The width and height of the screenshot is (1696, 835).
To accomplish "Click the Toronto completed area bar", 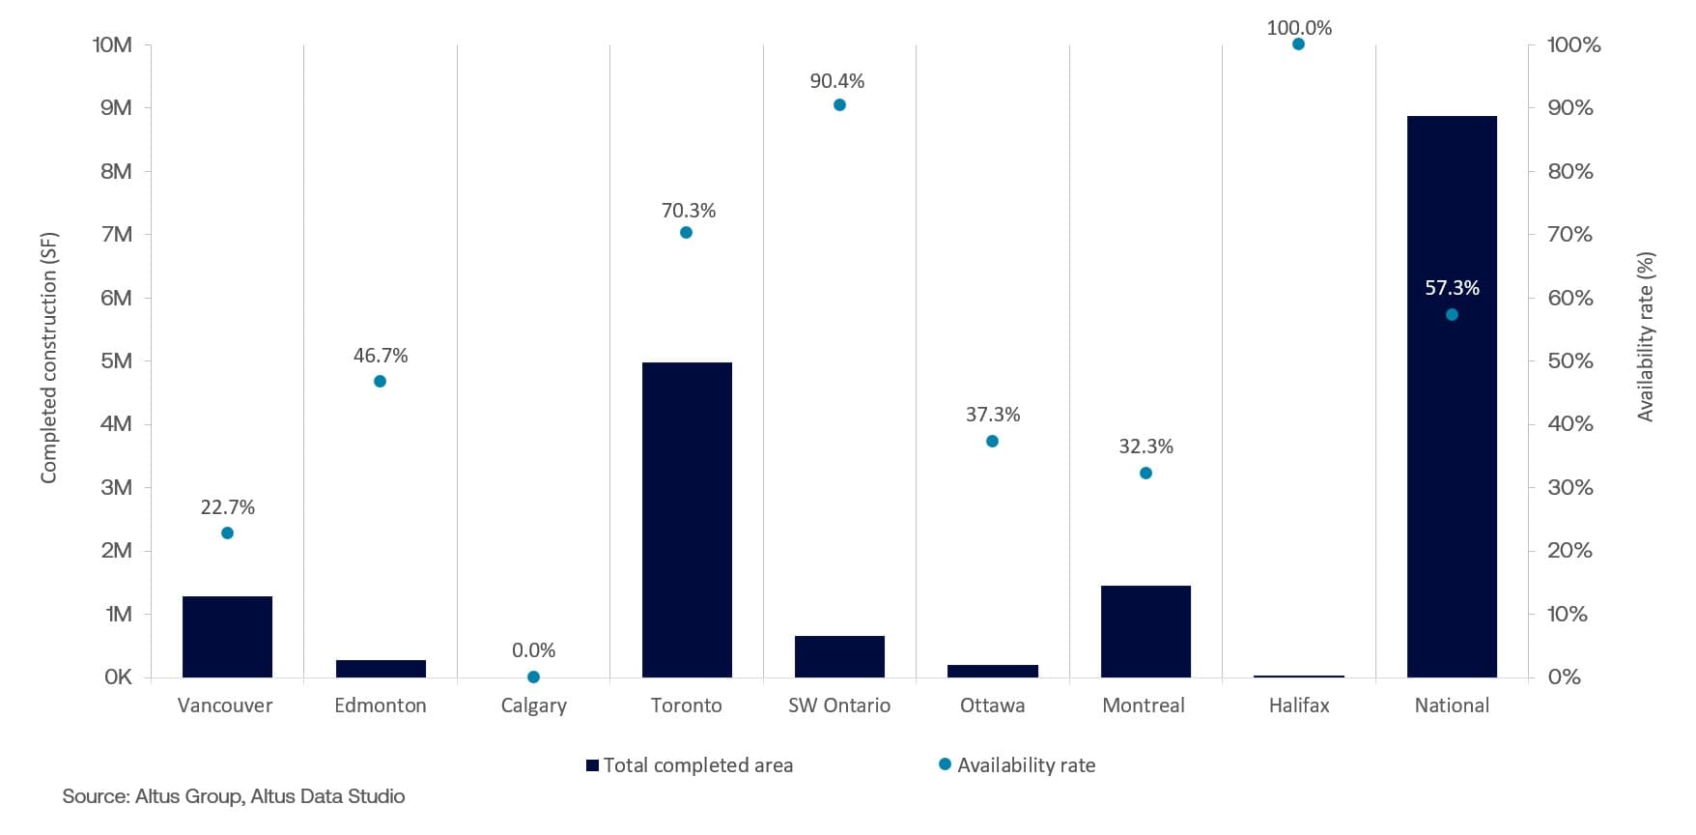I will (687, 520).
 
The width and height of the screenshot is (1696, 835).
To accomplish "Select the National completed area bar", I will (1452, 396).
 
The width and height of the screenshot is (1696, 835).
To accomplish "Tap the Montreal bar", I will (1145, 631).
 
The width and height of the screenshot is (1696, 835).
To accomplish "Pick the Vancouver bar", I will (227, 637).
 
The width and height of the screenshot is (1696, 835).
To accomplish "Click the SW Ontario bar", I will (839, 656).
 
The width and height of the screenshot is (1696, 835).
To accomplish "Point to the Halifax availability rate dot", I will (1298, 44).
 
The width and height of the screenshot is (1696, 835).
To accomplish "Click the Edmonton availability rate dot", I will (380, 382).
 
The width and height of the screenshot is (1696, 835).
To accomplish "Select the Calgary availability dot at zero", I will (533, 677).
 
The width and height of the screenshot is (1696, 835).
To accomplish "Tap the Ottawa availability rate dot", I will (992, 442).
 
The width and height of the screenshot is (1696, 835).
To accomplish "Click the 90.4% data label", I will (837, 81).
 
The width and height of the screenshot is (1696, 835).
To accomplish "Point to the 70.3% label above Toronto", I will (688, 211).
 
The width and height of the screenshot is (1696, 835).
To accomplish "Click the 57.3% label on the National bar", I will (1452, 288).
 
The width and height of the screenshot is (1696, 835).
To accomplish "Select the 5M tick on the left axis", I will (116, 361).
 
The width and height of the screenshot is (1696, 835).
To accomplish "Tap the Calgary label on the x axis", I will (533, 705).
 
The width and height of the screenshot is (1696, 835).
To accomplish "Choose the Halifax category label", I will (1298, 705).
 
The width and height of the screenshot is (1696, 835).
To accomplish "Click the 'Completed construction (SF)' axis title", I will (49, 358).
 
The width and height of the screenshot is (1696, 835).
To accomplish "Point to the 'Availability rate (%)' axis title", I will (1645, 337).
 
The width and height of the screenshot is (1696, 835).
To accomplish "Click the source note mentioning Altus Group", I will (234, 796).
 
